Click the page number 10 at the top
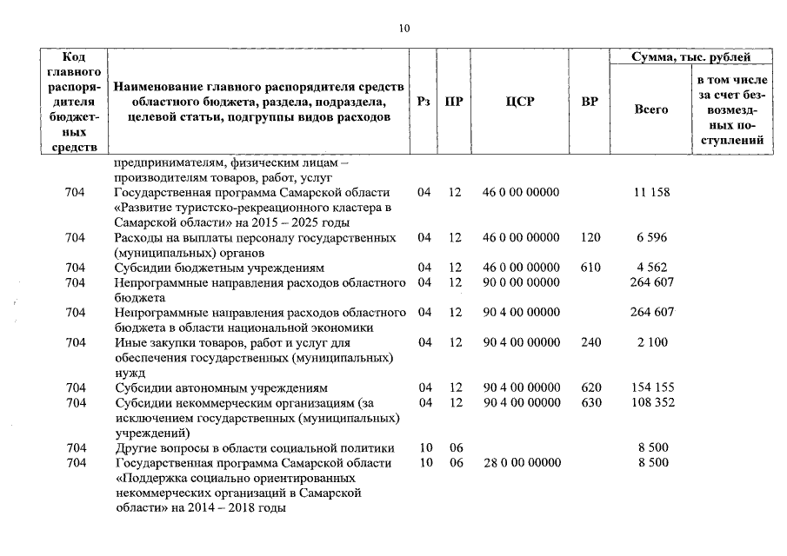(x=404, y=28)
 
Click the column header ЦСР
(x=519, y=102)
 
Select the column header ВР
(x=590, y=102)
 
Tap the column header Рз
(x=424, y=102)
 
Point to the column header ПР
(x=453, y=102)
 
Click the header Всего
(x=651, y=110)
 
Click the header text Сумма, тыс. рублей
(x=690, y=57)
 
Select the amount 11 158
(x=652, y=192)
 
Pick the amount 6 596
(x=651, y=237)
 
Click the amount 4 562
(x=651, y=268)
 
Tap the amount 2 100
(x=651, y=342)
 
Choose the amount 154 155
(x=652, y=387)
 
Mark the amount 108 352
(x=652, y=402)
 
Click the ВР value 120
(x=590, y=237)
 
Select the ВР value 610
(x=590, y=268)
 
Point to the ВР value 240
(x=590, y=342)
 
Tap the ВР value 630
(x=590, y=402)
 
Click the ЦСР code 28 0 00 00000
(x=522, y=463)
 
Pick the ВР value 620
(x=590, y=387)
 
